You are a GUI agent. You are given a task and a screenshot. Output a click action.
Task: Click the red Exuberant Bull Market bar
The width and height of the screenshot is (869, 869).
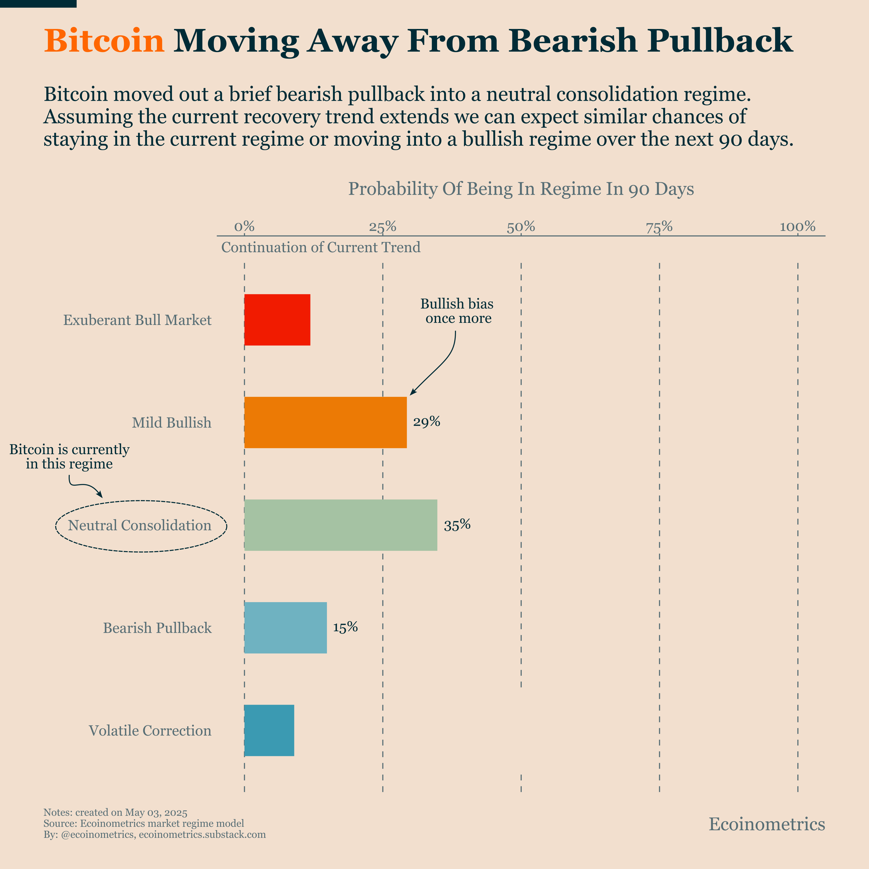pos(277,320)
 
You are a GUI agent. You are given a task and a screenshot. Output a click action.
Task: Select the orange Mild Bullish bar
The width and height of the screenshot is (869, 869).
pos(325,422)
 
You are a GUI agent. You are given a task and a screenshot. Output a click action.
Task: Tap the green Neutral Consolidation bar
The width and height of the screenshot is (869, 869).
pos(340,525)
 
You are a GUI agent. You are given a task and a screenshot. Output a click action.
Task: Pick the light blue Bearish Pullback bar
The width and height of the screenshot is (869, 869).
pos(285,627)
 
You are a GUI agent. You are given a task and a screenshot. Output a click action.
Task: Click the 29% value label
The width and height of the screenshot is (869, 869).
pos(426,422)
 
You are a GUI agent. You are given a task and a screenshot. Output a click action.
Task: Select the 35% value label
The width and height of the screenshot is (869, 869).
pos(457,525)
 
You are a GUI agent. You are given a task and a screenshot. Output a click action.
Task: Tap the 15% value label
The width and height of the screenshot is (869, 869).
pos(345,627)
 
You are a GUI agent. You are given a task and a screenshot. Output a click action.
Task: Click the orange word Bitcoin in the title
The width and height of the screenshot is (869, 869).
pos(104,41)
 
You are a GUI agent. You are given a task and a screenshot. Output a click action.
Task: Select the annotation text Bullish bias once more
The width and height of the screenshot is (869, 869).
pos(457,311)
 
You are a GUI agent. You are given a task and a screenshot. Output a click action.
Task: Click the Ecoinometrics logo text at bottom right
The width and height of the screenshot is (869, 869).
pos(766,824)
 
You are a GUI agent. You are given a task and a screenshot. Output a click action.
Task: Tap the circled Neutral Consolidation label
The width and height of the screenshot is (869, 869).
pos(140,525)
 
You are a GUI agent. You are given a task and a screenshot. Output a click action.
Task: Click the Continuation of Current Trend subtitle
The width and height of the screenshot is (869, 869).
pos(321,247)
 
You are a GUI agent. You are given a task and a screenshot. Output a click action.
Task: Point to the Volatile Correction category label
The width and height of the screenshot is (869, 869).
pos(150,730)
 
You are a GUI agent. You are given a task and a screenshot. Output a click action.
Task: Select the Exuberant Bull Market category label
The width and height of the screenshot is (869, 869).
pos(137,320)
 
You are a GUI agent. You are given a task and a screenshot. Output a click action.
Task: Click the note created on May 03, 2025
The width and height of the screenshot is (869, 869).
pos(115,812)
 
